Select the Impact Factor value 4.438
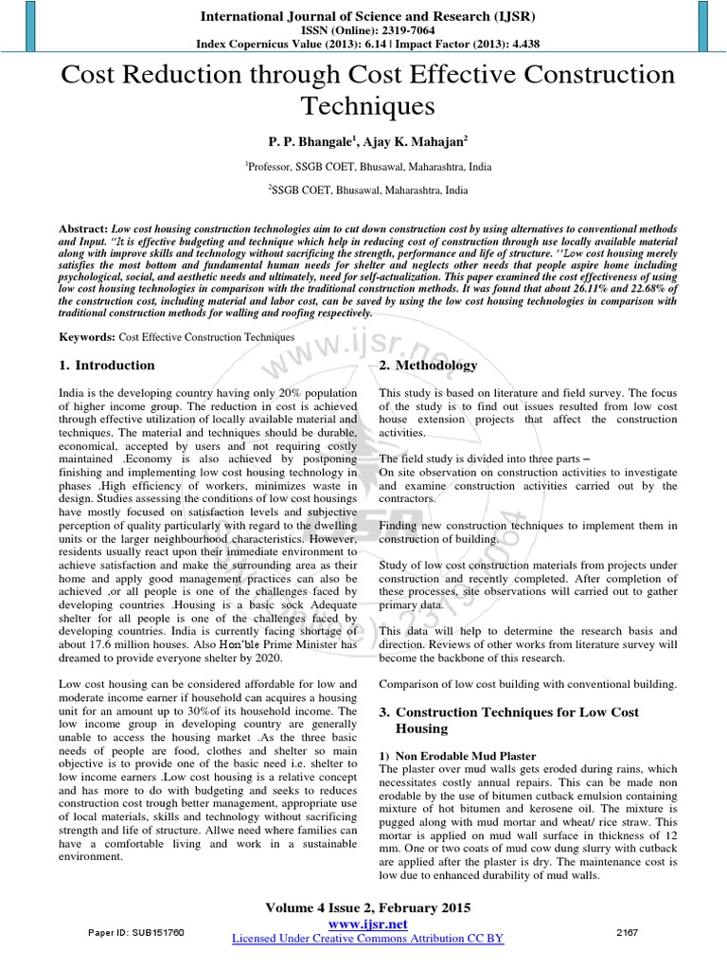(x=512, y=45)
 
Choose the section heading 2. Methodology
(x=428, y=366)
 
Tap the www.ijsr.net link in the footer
(x=368, y=924)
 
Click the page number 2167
(x=628, y=932)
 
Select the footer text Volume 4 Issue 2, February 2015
(x=368, y=907)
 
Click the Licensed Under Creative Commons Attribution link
(x=368, y=939)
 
